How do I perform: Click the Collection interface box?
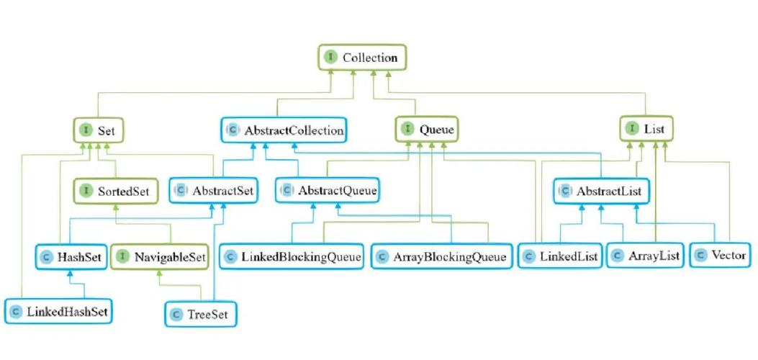(x=362, y=58)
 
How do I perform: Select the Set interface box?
(x=99, y=130)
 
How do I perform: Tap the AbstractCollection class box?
(x=285, y=130)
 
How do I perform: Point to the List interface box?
(x=646, y=129)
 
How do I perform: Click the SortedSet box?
(x=115, y=191)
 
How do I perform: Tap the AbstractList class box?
(x=601, y=191)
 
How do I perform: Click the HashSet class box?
(x=71, y=256)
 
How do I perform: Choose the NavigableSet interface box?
(x=160, y=256)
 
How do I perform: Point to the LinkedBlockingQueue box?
(x=292, y=256)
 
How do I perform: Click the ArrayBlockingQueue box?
(x=441, y=256)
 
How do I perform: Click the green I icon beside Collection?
(x=330, y=57)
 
